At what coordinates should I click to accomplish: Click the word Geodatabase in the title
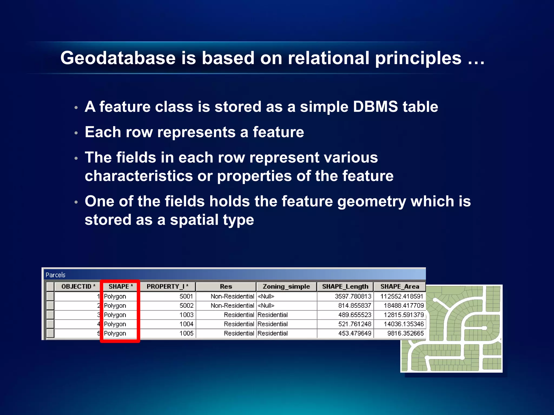click(118, 58)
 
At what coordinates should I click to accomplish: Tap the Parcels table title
click(55, 275)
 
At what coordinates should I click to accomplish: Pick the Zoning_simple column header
click(286, 286)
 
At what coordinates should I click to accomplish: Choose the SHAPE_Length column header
click(345, 286)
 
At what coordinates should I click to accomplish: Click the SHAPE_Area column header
click(400, 286)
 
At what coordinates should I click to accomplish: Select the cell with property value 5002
click(186, 306)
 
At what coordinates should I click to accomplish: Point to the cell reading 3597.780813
click(353, 296)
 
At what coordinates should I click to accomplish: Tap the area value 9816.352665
click(405, 333)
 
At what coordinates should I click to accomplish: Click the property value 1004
click(186, 324)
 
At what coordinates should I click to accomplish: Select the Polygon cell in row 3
click(115, 315)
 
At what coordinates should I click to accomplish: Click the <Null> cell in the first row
click(266, 296)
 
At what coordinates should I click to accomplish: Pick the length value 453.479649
click(355, 333)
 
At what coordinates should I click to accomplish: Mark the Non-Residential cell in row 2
click(232, 306)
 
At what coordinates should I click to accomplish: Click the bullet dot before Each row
click(76, 133)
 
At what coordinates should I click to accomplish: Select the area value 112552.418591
click(401, 296)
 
